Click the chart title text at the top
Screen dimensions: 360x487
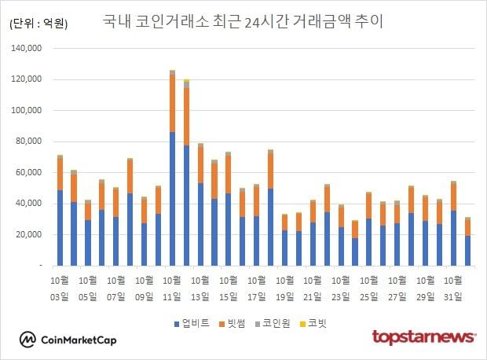[243, 21]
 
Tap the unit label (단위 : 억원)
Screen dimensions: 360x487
[38, 24]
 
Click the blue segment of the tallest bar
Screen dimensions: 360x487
[172, 200]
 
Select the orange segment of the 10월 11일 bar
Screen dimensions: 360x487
[172, 103]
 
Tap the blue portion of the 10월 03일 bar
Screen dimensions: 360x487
[60, 228]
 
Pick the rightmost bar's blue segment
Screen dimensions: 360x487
[467, 251]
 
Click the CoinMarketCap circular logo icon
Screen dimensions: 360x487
[28, 340]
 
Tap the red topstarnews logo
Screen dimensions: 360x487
[423, 338]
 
